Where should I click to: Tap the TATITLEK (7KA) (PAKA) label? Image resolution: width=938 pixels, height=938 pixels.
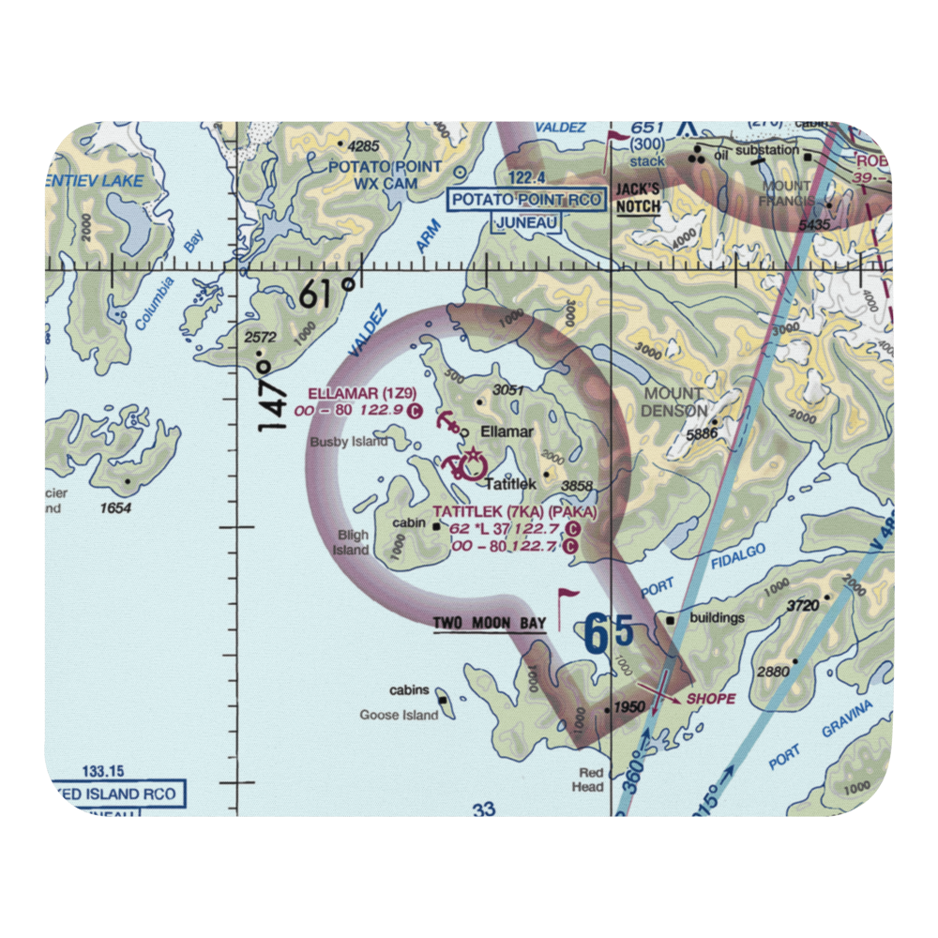[514, 512]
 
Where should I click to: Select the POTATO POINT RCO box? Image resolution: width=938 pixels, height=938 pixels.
[526, 200]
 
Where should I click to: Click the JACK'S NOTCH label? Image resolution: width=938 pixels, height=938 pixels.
[638, 198]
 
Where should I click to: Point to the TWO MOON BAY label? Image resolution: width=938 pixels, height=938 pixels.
[489, 623]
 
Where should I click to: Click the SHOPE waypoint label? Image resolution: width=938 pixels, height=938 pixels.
[711, 699]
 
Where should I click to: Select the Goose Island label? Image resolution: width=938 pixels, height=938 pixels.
[399, 715]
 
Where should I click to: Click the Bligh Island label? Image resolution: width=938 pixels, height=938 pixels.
[354, 542]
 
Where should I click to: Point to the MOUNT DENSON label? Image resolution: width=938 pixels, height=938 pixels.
[672, 401]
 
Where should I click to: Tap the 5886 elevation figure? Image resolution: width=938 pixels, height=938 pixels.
[701, 433]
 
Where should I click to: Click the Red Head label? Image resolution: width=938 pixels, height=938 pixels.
[588, 780]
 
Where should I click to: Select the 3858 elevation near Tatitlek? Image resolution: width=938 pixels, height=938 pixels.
[577, 486]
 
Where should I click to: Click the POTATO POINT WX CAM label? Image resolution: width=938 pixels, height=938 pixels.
[372, 174]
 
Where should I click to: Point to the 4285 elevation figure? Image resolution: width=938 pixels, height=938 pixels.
[362, 146]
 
